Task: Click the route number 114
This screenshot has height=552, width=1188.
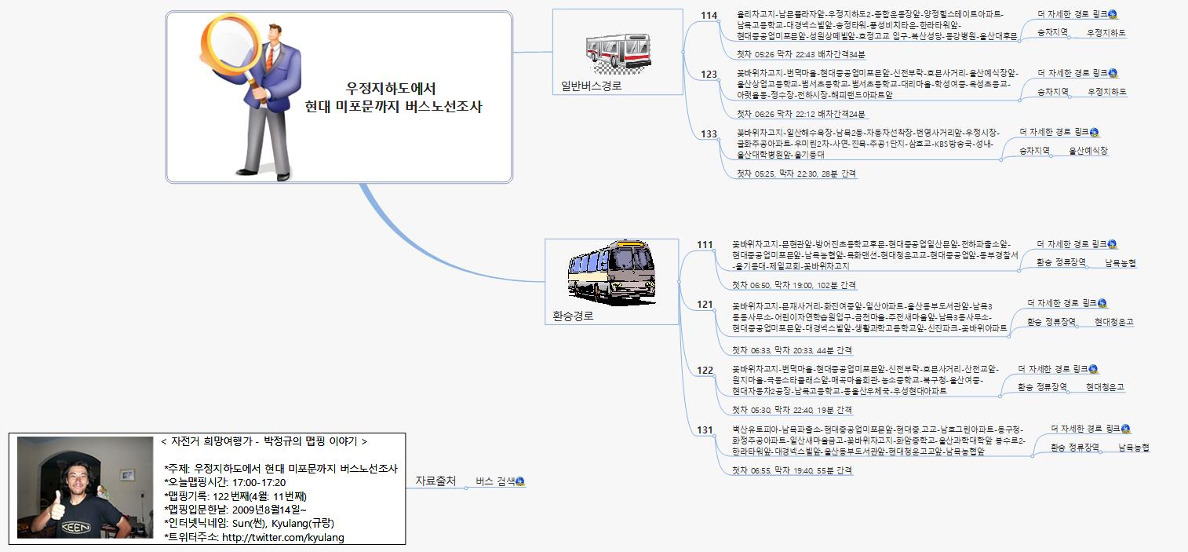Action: click(x=709, y=15)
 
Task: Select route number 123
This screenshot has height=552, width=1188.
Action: click(x=709, y=75)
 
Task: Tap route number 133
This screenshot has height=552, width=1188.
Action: click(x=709, y=134)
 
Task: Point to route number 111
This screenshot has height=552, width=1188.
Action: click(x=705, y=245)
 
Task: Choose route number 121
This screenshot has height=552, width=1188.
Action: click(x=705, y=305)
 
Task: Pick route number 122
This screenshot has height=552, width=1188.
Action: click(x=705, y=371)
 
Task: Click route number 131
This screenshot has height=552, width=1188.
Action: click(x=705, y=430)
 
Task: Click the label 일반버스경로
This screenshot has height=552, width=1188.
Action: click(x=591, y=86)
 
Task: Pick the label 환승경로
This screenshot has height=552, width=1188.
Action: click(x=573, y=316)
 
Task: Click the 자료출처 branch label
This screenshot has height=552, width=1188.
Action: click(x=435, y=481)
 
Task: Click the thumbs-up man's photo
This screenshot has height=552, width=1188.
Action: click(x=85, y=488)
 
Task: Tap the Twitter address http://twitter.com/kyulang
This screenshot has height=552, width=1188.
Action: click(x=283, y=538)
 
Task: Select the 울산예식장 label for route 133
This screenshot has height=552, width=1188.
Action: click(x=1088, y=151)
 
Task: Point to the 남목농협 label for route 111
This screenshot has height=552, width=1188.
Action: click(x=1120, y=263)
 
